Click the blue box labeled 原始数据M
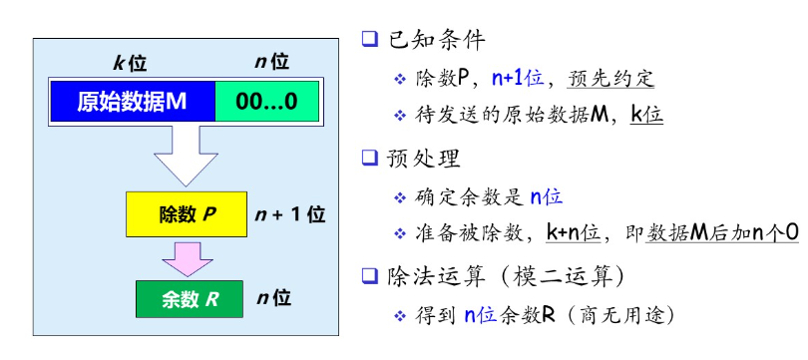[132, 102]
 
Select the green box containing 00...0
[265, 102]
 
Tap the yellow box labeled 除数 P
[187, 214]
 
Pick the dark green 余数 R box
[186, 298]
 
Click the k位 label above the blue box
[130, 63]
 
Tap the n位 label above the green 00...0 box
[271, 63]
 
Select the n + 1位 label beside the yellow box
[290, 214]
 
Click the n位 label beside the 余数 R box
[273, 298]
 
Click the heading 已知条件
[428, 41]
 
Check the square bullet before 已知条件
[369, 41]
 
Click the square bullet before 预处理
[369, 158]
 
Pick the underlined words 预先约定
[611, 79]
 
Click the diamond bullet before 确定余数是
[400, 197]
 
